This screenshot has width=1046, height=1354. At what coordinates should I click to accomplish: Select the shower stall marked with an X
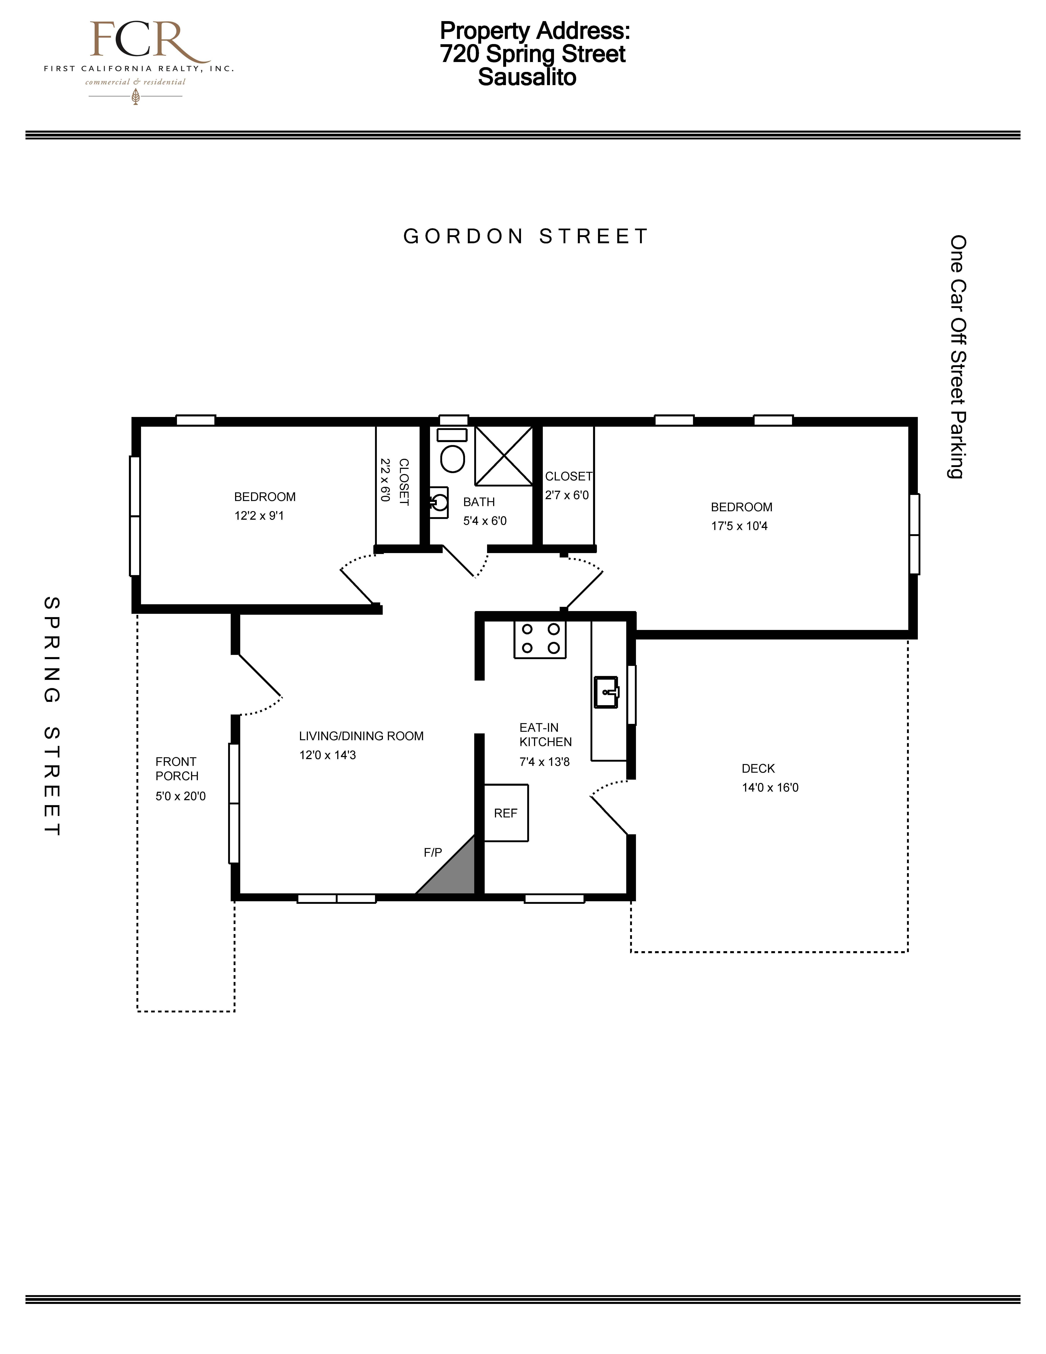point(504,456)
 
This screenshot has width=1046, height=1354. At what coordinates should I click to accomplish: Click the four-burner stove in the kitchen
point(540,639)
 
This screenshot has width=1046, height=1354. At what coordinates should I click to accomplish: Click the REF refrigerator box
point(506,813)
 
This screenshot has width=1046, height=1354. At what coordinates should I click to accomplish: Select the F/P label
point(433,852)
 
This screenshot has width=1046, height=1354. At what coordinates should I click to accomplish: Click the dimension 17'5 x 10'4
point(739,526)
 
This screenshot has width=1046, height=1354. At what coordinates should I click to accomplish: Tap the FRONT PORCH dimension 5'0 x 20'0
point(180,796)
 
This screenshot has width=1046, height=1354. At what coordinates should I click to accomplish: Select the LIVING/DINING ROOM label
point(361,736)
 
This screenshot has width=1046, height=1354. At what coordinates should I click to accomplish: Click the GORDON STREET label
point(526,236)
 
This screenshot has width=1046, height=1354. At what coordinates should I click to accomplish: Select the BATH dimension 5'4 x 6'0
point(484,521)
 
